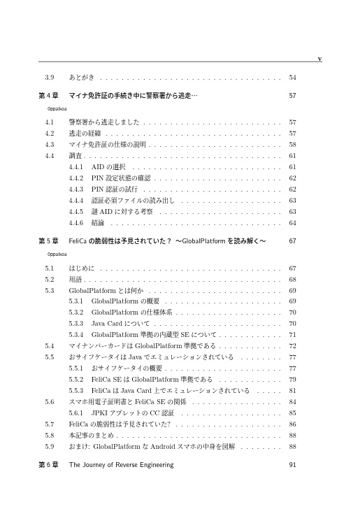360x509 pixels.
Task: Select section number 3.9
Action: (49, 76)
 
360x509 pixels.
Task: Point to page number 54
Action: (292, 76)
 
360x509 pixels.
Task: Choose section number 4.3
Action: (49, 144)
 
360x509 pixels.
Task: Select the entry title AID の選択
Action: (108, 166)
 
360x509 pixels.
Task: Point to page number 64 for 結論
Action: (292, 222)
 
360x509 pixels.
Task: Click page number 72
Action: (292, 346)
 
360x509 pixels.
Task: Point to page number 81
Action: (292, 391)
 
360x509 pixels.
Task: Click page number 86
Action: (292, 424)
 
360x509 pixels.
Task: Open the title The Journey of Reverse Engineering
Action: (122, 465)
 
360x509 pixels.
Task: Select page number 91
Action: (292, 465)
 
